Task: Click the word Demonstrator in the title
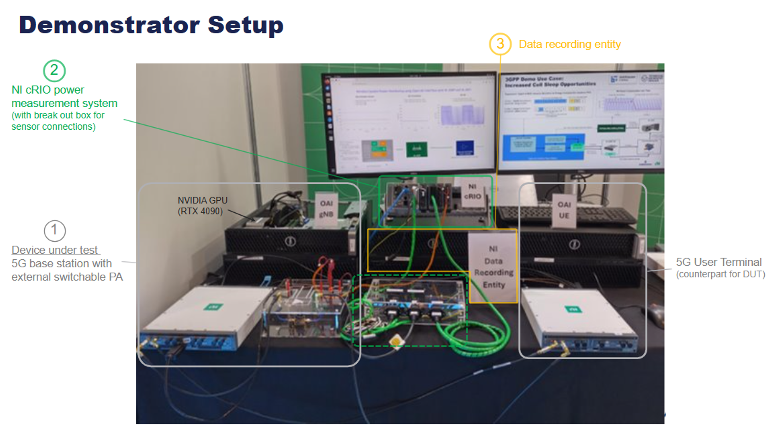(x=109, y=25)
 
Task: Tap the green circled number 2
(x=54, y=71)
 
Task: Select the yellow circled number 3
(x=500, y=44)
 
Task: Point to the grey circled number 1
(x=55, y=231)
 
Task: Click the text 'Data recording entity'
(x=569, y=44)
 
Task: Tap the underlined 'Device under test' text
(x=55, y=250)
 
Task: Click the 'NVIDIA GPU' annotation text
(x=203, y=200)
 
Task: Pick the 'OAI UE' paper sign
(x=564, y=210)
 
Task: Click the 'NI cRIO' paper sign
(x=473, y=192)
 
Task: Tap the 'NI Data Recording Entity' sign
(x=493, y=266)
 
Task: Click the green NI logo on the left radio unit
(x=213, y=307)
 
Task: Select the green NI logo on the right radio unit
(x=573, y=309)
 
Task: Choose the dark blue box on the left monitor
(x=465, y=148)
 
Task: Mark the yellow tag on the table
(x=396, y=341)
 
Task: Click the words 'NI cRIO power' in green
(x=48, y=90)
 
